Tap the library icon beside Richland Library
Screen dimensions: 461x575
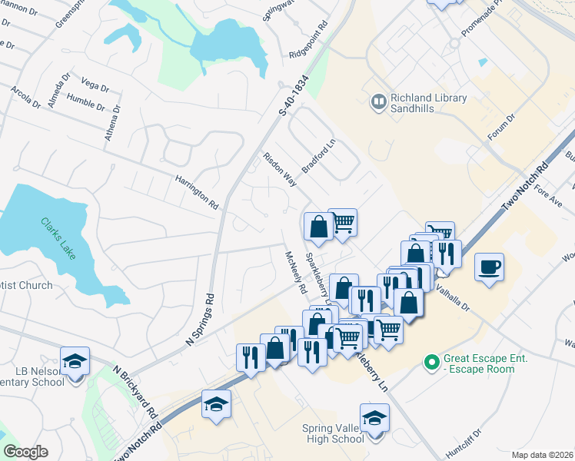378,101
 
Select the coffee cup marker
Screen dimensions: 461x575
489,267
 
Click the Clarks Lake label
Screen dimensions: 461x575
58,239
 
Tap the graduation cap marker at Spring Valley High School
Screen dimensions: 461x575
374,418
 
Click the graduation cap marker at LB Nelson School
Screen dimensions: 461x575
75,361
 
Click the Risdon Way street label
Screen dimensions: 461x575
280,169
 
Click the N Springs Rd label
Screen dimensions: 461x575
199,319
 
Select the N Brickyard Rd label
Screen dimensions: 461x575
136,390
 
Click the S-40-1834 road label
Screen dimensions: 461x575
294,98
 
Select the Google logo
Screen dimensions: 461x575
25,452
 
